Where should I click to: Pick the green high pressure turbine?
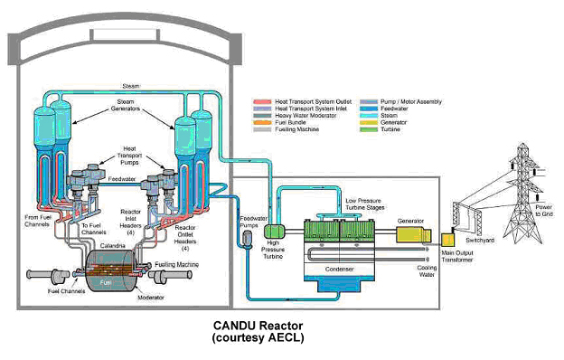click(277, 232)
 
